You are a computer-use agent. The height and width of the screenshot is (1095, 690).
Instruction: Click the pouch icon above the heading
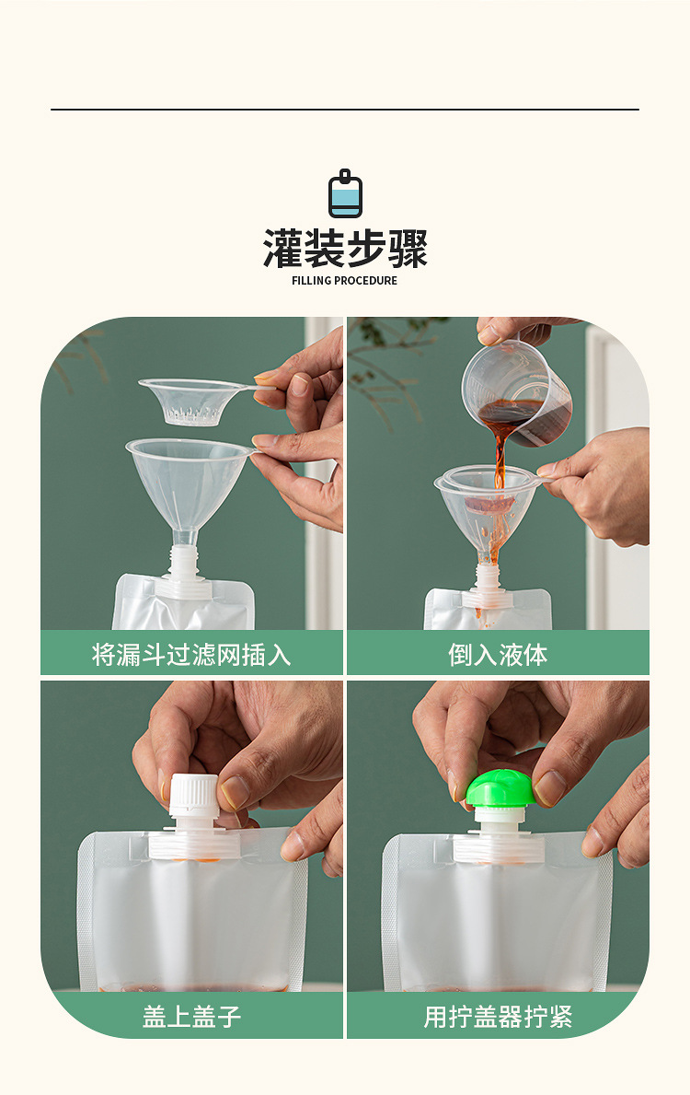345,194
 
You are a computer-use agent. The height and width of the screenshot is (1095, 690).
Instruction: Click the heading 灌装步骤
345,249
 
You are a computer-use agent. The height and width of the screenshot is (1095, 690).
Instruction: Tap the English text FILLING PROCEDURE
345,281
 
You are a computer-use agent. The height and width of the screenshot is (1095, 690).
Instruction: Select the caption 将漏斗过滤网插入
191,655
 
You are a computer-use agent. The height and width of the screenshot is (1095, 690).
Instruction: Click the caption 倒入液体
498,655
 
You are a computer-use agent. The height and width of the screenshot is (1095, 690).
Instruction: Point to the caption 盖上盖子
191,1017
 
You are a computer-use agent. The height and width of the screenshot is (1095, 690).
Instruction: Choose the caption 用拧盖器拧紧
498,1017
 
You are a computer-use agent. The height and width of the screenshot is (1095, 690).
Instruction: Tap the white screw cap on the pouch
193,794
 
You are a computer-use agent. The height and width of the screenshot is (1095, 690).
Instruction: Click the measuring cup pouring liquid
515,387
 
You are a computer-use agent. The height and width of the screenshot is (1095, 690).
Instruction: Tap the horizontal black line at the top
345,110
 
